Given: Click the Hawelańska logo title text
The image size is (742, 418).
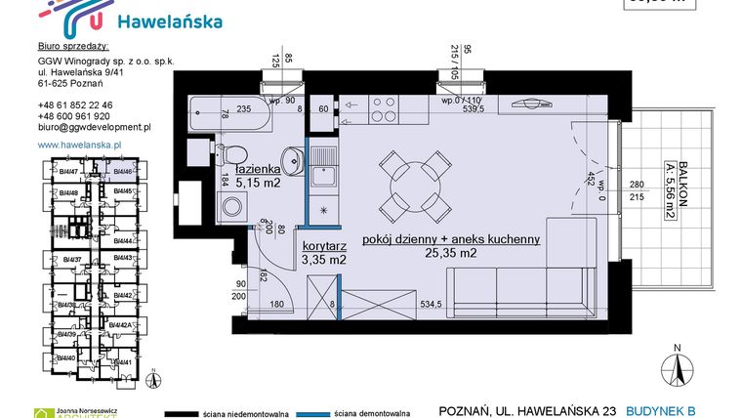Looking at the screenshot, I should [x=168, y=21].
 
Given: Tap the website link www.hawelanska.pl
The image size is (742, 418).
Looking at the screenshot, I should [x=78, y=145].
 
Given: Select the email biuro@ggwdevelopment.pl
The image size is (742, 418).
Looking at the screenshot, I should [x=94, y=127].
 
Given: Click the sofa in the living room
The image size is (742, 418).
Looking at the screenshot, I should [x=517, y=290].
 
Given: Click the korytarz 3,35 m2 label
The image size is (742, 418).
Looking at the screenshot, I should [x=324, y=254].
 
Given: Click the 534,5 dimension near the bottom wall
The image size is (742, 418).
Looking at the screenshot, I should [x=430, y=305].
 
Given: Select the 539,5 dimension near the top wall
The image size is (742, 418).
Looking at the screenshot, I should [x=459, y=110].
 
